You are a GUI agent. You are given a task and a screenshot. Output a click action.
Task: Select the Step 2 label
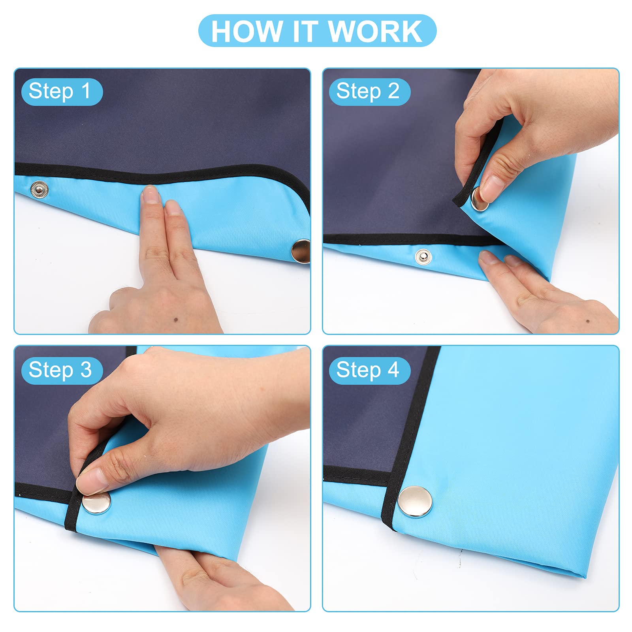[370, 92]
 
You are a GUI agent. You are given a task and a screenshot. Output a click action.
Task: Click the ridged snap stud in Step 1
[39, 190]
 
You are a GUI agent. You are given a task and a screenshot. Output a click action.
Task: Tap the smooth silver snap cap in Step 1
[301, 251]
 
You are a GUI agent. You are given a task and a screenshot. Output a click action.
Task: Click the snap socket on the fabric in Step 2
[423, 258]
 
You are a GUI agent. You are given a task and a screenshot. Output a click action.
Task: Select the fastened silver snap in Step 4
[415, 502]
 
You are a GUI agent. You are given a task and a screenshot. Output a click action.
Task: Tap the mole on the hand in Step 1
[175, 320]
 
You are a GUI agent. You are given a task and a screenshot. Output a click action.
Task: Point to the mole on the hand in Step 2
[588, 321]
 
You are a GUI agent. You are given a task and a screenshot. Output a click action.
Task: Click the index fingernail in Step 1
[150, 194]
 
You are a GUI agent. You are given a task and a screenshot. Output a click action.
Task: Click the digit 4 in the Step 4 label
[393, 371]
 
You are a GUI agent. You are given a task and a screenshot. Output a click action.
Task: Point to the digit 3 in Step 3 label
[86, 371]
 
